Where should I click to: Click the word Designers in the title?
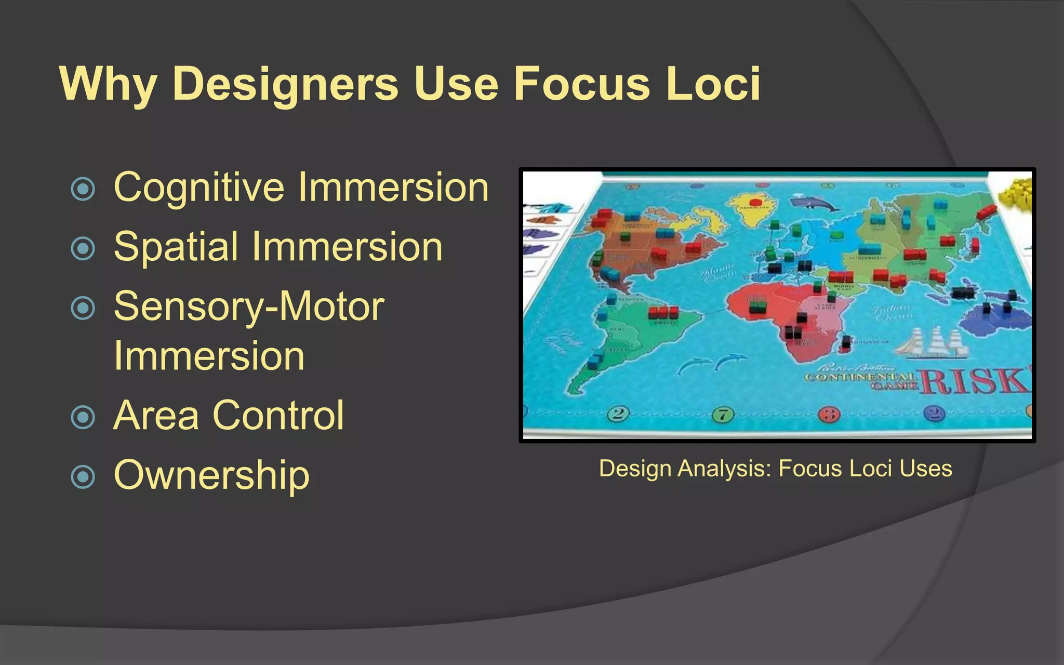click(x=285, y=84)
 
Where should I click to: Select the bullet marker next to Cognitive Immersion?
click(x=83, y=189)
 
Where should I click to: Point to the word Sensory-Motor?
click(x=249, y=307)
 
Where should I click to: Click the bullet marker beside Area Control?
click(x=83, y=417)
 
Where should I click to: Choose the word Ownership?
click(x=211, y=475)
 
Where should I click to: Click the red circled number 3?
click(x=829, y=415)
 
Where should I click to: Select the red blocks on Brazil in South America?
click(x=663, y=313)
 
